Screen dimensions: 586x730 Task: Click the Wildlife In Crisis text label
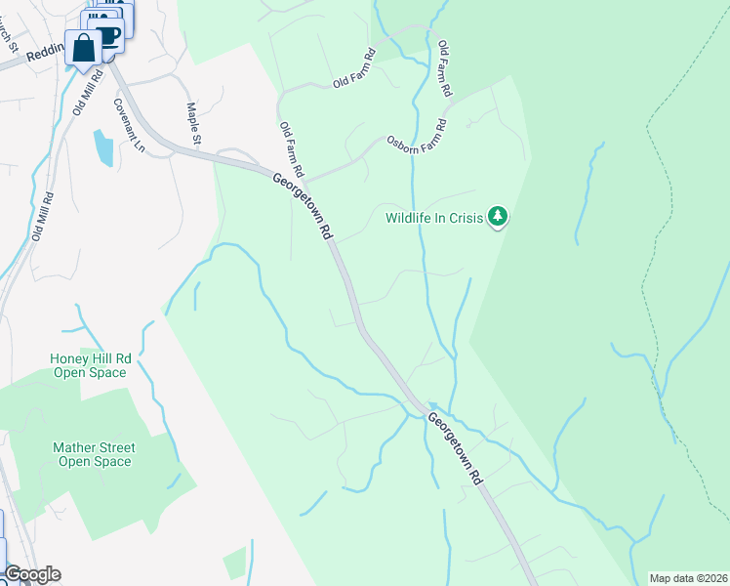434,219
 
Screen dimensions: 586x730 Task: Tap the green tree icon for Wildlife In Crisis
499,216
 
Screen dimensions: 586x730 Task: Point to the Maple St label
192,124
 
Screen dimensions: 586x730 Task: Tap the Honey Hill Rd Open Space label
90,366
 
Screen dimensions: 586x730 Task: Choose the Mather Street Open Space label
93,454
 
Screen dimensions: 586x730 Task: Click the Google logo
31,574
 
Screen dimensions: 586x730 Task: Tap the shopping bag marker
84,48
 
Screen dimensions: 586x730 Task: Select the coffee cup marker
107,36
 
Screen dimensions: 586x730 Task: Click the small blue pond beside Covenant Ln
102,147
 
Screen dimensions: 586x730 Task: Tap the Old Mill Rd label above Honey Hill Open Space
42,216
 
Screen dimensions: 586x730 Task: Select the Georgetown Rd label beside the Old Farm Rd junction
304,206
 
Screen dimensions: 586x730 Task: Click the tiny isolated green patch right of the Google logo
234,564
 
